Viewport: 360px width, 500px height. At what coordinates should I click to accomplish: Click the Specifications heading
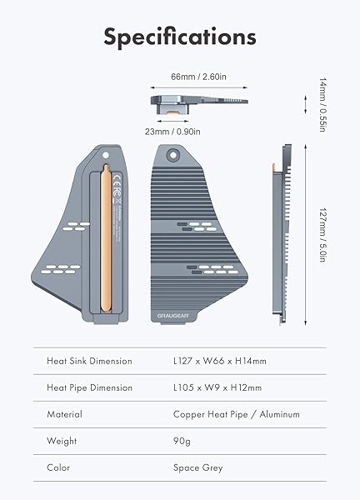[179, 37]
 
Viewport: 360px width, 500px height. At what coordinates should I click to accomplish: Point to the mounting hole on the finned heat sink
[173, 154]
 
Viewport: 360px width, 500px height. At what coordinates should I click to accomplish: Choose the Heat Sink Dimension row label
[89, 361]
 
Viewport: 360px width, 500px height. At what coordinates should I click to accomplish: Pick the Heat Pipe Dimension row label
[89, 387]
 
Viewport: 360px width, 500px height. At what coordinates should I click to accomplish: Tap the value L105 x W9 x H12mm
[217, 387]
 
